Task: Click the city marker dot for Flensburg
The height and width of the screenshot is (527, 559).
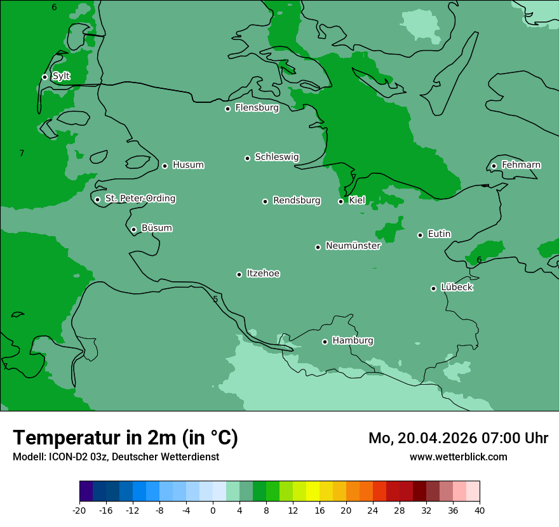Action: [x=227, y=109]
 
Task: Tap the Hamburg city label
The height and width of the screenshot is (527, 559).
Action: [x=353, y=340]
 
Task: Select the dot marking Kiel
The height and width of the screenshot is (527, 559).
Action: [x=340, y=201]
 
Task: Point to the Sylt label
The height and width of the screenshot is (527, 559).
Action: [x=61, y=76]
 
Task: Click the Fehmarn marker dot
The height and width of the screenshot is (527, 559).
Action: [x=494, y=166]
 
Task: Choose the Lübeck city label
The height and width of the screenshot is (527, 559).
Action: [x=457, y=287]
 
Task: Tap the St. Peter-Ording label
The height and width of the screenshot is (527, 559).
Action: [x=140, y=198]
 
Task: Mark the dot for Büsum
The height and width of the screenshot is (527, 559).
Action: [x=133, y=229]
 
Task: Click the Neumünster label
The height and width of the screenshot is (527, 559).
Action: [x=353, y=246]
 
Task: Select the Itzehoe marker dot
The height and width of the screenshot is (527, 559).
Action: [x=239, y=274]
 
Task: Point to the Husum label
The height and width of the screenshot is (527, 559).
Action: [x=188, y=165]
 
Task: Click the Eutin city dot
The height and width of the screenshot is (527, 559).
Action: [x=420, y=235]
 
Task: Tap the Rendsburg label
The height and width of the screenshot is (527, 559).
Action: [x=297, y=201]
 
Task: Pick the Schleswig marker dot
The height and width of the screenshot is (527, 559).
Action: [x=247, y=158]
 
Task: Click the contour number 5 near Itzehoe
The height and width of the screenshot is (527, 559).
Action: [x=215, y=299]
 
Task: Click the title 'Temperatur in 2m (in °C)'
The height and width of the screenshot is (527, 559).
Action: [x=125, y=437]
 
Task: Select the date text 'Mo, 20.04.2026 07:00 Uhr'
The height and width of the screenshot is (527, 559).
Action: [x=458, y=438]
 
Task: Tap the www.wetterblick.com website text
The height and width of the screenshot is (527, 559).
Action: [x=458, y=457]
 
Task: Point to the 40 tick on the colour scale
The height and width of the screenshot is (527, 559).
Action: [x=479, y=510]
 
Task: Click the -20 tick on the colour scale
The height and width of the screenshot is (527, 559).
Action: [x=79, y=510]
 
